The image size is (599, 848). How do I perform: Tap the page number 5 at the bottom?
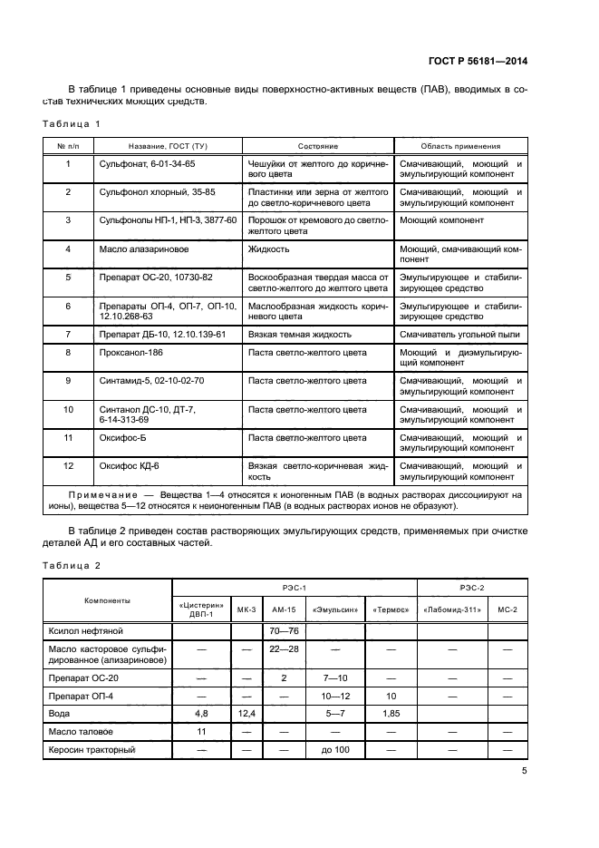525,772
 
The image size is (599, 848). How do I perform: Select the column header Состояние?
317,146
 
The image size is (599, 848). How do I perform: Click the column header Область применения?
460,146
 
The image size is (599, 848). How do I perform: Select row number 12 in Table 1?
68,465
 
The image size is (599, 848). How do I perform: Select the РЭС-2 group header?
472,588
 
